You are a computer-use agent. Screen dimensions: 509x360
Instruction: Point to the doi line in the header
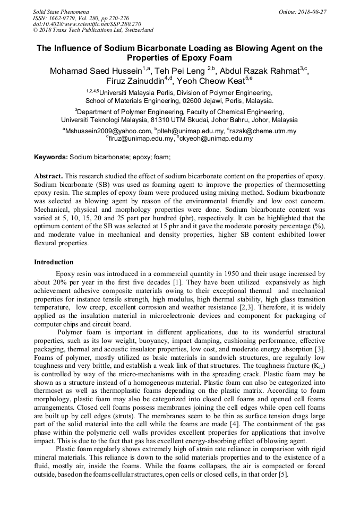87,24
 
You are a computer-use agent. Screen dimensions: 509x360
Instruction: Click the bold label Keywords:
51,158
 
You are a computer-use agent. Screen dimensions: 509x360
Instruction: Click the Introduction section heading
54,262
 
